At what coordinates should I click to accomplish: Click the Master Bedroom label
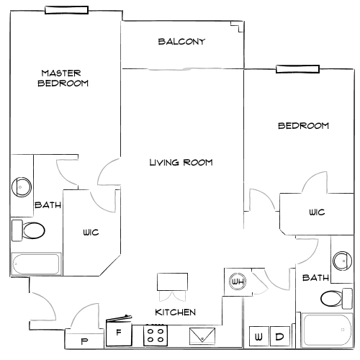click(x=63, y=78)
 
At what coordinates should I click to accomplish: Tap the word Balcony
click(x=181, y=42)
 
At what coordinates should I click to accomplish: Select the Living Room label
click(x=181, y=163)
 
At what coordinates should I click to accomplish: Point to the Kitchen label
click(x=176, y=312)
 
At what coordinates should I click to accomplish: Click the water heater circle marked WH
click(x=238, y=282)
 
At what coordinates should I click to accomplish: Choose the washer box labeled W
click(x=258, y=336)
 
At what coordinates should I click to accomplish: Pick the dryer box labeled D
click(x=280, y=336)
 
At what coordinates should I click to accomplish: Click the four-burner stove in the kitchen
click(x=156, y=336)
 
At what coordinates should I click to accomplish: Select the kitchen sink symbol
click(x=202, y=336)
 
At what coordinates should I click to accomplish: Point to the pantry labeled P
click(x=84, y=341)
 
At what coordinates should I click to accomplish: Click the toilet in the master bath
click(x=28, y=230)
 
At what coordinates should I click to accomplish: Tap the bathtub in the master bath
click(x=36, y=264)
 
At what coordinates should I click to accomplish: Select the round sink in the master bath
click(x=22, y=187)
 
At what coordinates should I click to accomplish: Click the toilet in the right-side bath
click(x=336, y=299)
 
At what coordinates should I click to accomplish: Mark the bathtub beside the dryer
click(x=327, y=330)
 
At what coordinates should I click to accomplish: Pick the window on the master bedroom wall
click(x=66, y=10)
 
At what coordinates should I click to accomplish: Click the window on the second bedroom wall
click(x=297, y=69)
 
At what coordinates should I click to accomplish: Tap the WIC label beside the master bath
click(x=91, y=233)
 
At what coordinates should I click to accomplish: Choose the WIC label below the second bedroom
click(x=317, y=212)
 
